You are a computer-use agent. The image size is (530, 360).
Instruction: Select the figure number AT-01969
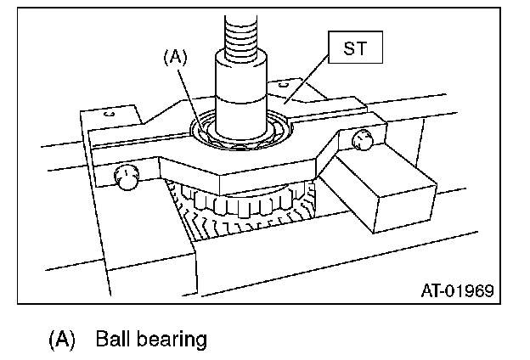[458, 291]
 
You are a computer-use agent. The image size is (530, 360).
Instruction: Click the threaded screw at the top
[244, 34]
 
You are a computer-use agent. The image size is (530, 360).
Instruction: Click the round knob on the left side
[127, 178]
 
